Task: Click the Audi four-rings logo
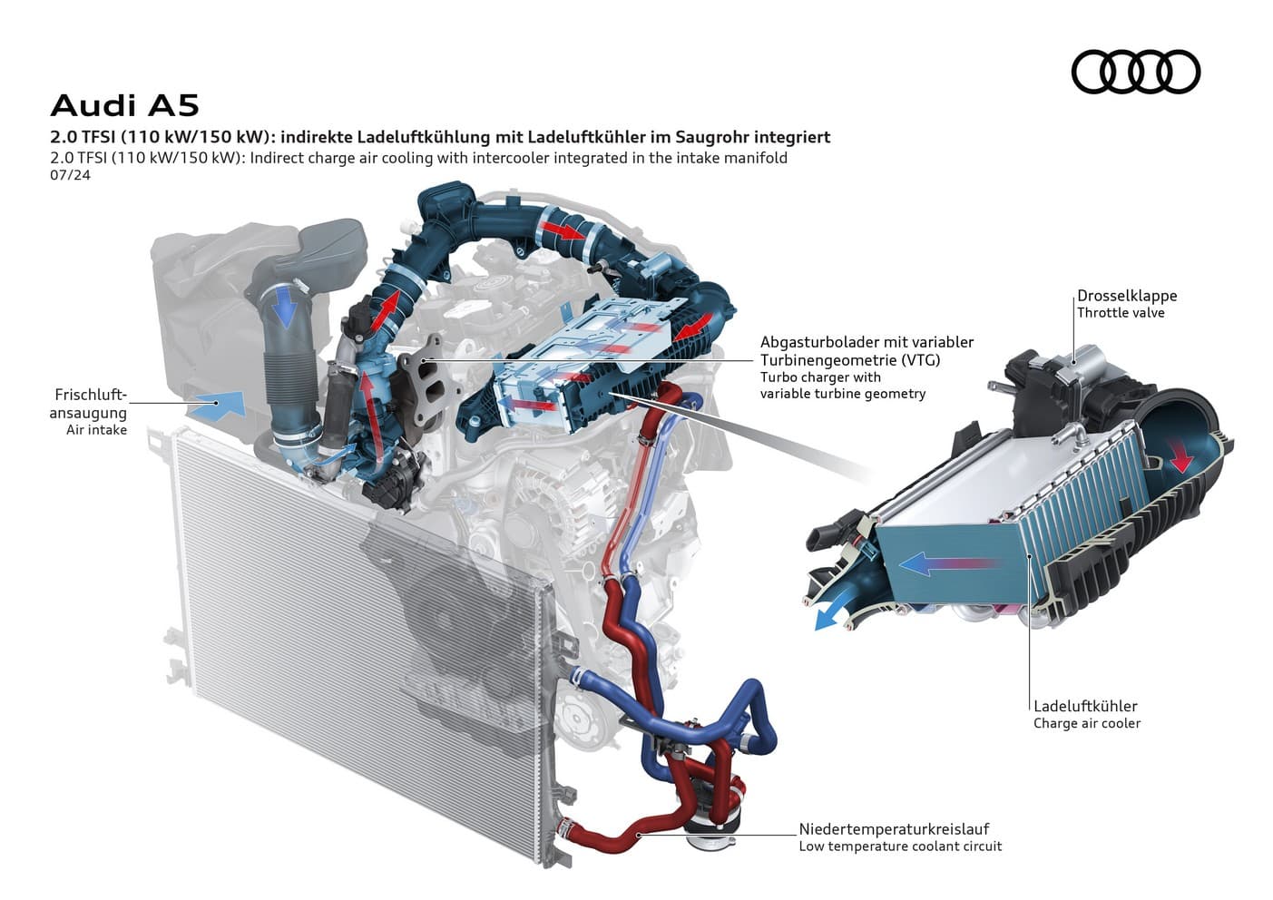tap(1135, 72)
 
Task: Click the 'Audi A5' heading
tap(124, 105)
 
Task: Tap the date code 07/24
tap(70, 175)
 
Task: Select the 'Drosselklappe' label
tap(1126, 296)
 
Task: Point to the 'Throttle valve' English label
tap(1120, 313)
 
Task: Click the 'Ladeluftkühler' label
tap(1084, 706)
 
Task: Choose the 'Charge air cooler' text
tap(1086, 723)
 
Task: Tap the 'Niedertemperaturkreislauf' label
tap(893, 828)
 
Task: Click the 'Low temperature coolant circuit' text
tap(899, 846)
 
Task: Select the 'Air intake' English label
tap(96, 430)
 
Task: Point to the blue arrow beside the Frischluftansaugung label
tap(220, 405)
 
